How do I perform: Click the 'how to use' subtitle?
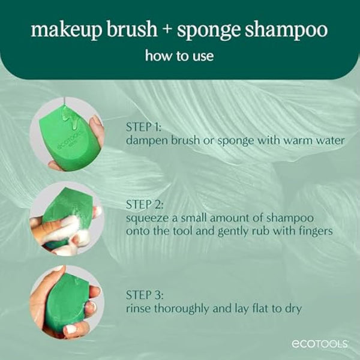[179, 56]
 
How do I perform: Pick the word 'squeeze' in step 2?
[147, 217]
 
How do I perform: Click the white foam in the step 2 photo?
[67, 227]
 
